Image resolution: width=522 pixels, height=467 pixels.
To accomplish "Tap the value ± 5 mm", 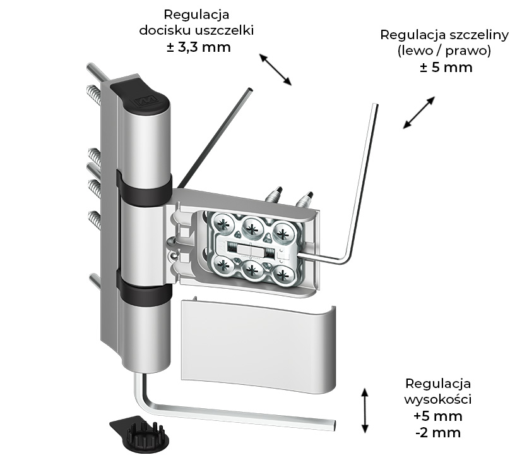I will click(446, 67).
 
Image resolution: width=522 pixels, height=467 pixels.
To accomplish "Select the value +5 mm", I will click(437, 416).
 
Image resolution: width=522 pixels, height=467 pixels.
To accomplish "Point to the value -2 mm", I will click(437, 433).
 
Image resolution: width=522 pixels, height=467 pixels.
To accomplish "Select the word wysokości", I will click(437, 400).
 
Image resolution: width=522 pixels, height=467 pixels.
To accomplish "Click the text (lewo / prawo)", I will click(444, 51).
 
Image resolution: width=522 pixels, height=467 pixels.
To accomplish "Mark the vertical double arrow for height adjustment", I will click(364, 410).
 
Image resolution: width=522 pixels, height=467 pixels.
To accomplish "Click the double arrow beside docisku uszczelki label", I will click(275, 69).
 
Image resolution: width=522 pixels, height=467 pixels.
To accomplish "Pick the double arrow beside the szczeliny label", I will click(419, 112).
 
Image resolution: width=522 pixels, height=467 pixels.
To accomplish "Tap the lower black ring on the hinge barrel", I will click(144, 291).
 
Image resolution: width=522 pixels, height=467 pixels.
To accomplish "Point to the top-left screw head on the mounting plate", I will click(224, 222).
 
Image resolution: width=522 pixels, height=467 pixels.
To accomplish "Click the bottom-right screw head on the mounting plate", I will click(283, 274).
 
